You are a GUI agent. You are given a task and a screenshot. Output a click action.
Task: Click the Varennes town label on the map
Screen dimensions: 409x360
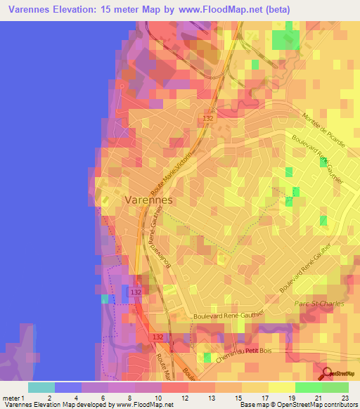click(148, 200)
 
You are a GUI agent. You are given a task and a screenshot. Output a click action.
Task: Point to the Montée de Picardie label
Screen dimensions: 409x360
click(323, 129)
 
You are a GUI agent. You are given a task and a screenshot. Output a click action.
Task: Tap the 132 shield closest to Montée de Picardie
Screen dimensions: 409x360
click(208, 119)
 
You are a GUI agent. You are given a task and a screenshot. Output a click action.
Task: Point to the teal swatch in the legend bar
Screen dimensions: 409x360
click(41, 387)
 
